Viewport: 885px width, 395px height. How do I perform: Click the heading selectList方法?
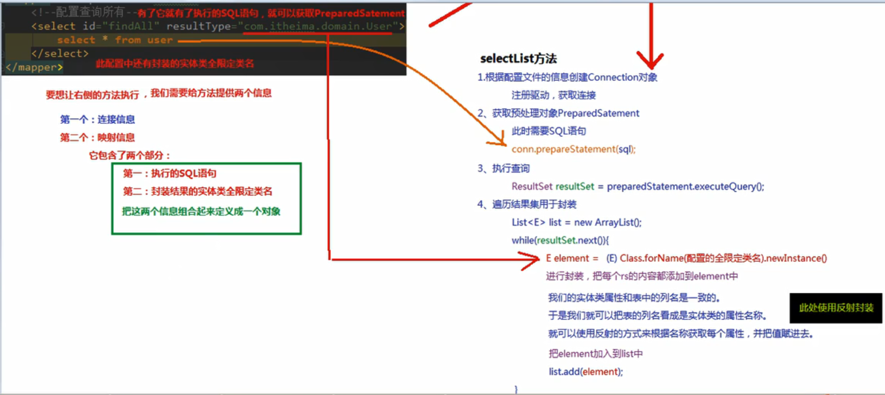[518, 59]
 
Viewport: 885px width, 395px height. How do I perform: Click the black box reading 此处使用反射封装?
[836, 308]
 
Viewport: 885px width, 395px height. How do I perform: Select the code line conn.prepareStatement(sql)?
[573, 149]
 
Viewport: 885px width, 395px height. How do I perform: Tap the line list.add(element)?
[585, 372]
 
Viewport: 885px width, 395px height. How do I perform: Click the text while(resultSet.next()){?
[560, 240]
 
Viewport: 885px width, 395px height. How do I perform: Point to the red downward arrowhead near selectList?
[650, 60]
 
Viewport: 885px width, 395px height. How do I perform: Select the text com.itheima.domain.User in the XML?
[318, 26]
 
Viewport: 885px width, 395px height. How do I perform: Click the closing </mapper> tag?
[34, 67]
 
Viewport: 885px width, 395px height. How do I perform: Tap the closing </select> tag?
[60, 53]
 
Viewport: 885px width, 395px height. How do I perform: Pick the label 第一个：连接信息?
[97, 120]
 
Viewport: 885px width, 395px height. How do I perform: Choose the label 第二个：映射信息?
[97, 137]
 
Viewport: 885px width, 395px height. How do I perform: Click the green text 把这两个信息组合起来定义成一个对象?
[201, 211]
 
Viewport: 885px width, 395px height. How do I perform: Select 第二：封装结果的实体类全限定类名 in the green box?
[198, 191]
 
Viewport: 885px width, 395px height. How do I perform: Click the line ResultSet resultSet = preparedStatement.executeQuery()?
[638, 186]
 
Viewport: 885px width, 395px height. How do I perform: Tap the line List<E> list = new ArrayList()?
[576, 222]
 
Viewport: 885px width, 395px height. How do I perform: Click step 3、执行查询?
[503, 168]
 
